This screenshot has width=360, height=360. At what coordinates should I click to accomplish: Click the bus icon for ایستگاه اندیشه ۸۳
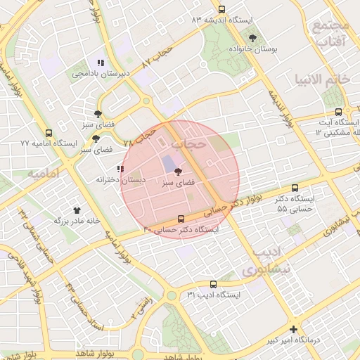[x=222, y=10]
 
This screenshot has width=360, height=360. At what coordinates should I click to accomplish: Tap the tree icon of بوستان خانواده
[x=252, y=39]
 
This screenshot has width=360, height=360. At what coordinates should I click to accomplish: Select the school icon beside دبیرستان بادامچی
[x=101, y=63]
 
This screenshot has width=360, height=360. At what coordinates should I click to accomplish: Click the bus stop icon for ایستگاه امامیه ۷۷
[x=49, y=133]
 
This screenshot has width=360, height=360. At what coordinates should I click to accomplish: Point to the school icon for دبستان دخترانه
[x=120, y=169]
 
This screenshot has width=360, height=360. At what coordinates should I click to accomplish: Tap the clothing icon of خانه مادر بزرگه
[x=77, y=210]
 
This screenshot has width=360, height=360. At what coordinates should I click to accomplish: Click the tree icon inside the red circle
[x=178, y=171]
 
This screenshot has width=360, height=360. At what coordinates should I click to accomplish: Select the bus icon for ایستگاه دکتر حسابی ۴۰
[x=181, y=219]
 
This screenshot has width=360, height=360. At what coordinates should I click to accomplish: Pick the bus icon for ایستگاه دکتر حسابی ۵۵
[x=295, y=188]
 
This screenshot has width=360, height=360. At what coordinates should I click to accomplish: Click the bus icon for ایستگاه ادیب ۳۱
[x=214, y=284]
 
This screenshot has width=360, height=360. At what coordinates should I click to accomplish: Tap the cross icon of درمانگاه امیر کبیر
[x=293, y=329]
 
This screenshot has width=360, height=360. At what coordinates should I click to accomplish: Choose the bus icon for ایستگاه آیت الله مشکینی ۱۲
[x=339, y=112]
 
